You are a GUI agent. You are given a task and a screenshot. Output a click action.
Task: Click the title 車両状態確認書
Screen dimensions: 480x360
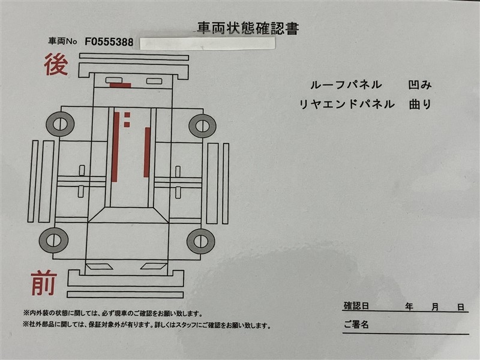tap(248, 28)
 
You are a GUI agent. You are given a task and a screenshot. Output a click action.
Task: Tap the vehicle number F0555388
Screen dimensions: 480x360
tap(109, 41)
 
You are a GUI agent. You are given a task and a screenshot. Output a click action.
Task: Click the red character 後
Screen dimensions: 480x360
tap(56, 64)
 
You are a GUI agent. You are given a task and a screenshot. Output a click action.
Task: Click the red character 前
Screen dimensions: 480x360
tap(44, 283)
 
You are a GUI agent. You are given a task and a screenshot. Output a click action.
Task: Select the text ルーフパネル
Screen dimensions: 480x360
tap(346, 85)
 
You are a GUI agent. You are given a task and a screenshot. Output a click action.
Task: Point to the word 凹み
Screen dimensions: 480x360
tap(420, 85)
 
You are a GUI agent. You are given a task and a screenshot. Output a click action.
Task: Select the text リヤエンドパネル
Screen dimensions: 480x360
tap(347, 104)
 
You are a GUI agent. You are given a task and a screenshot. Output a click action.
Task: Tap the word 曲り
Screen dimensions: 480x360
tap(420, 104)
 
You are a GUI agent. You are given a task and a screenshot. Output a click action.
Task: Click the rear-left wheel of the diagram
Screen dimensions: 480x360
tap(60, 124)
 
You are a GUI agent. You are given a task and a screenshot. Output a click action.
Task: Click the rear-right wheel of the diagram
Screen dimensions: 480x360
tap(202, 125)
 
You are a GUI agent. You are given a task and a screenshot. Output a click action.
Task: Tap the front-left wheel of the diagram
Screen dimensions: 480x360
tap(53, 241)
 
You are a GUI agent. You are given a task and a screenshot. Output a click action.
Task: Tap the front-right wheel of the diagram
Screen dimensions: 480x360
tap(201, 241)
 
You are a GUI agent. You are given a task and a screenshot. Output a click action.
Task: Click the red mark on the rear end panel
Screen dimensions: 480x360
tap(121, 85)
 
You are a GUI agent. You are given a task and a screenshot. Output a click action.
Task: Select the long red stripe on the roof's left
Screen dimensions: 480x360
tap(115, 147)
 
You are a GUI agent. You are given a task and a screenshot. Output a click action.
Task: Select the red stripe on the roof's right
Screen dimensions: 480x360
tap(147, 152)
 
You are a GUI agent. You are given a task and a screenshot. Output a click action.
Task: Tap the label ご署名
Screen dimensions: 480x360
tap(356, 325)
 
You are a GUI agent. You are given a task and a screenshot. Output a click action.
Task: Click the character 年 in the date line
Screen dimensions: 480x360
tap(409, 307)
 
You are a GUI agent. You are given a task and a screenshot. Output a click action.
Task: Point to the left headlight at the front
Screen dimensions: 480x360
tap(99, 266)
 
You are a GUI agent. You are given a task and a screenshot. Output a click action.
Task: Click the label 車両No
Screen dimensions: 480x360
tap(62, 41)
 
